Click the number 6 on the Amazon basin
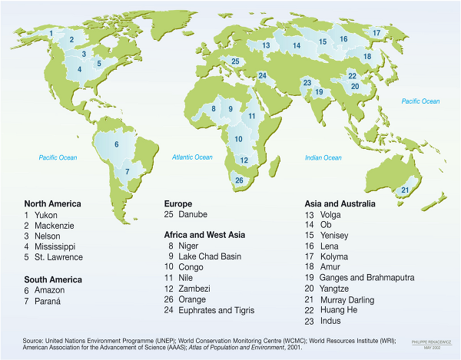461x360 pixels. (x=117, y=144)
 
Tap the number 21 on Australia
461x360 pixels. (x=405, y=190)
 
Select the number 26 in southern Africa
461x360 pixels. (x=239, y=180)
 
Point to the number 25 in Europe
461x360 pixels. (x=236, y=61)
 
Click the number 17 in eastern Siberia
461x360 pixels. (x=376, y=33)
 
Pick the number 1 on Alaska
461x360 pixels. (x=51, y=34)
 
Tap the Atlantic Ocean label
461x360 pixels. (x=193, y=157)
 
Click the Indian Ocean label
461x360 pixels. (x=323, y=158)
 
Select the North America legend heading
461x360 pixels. (x=52, y=203)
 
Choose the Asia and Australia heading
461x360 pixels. (x=340, y=203)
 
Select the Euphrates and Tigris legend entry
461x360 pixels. (x=215, y=310)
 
